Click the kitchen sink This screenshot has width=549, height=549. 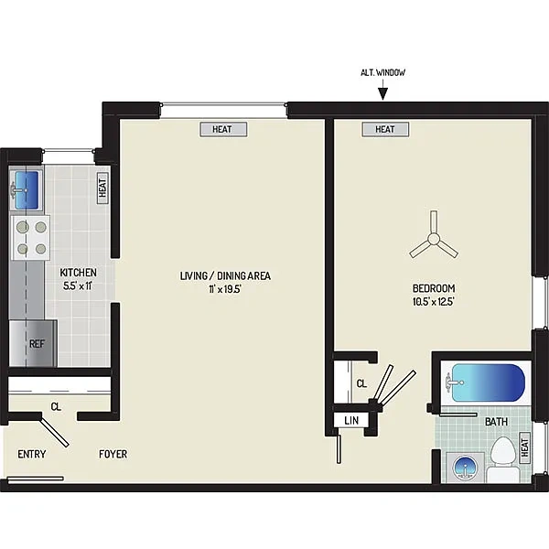coord(26,189)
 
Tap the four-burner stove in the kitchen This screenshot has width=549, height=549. coord(31,238)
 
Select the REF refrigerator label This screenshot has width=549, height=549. coord(37,344)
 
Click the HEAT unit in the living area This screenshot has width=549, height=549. coord(223,129)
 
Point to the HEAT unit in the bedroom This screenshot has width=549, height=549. coord(385,129)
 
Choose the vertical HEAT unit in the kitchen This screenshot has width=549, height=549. coord(102,188)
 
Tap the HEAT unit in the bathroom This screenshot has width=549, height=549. coord(524,447)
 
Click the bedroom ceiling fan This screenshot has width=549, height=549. coord(434,239)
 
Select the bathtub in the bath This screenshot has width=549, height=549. coord(488,382)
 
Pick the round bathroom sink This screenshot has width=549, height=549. coord(464,468)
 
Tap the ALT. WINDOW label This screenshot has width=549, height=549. coord(383,72)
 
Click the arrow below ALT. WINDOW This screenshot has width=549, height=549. coord(383,90)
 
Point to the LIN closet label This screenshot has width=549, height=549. coord(351,421)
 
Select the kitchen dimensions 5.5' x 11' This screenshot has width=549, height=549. coord(78,286)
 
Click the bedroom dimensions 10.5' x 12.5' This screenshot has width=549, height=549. coord(434,302)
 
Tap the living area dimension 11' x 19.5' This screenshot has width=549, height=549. coord(225,289)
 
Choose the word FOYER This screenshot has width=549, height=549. coord(113,454)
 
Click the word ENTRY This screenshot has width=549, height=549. coord(32,454)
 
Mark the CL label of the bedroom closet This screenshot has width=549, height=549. coord(361,383)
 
